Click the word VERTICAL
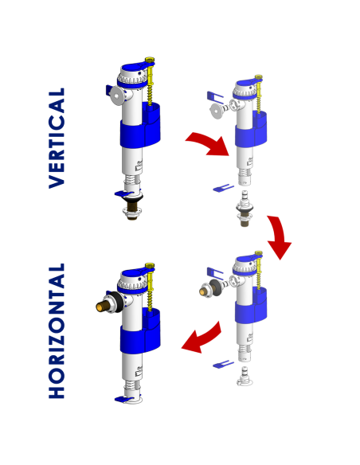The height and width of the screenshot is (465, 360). pyautogui.click(x=57, y=138)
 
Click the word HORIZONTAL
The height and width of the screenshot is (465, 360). pyautogui.click(x=57, y=330)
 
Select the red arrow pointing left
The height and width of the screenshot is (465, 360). pyautogui.click(x=202, y=339)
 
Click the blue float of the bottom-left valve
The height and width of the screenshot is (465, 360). pyautogui.click(x=140, y=331)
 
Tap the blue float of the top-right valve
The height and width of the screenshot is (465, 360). pyautogui.click(x=251, y=130)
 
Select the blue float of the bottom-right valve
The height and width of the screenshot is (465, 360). pyautogui.click(x=251, y=306)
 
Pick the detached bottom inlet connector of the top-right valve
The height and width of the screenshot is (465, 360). pyautogui.click(x=245, y=209)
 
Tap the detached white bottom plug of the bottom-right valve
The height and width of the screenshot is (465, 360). pyautogui.click(x=245, y=377)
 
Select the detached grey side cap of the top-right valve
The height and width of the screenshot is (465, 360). pyautogui.click(x=218, y=111)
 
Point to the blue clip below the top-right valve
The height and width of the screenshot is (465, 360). pyautogui.click(x=224, y=188)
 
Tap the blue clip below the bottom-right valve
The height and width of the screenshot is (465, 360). pyautogui.click(x=224, y=364)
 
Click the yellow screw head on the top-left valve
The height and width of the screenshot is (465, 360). pyautogui.click(x=151, y=61)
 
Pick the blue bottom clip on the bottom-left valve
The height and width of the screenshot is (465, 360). pyautogui.click(x=124, y=400)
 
